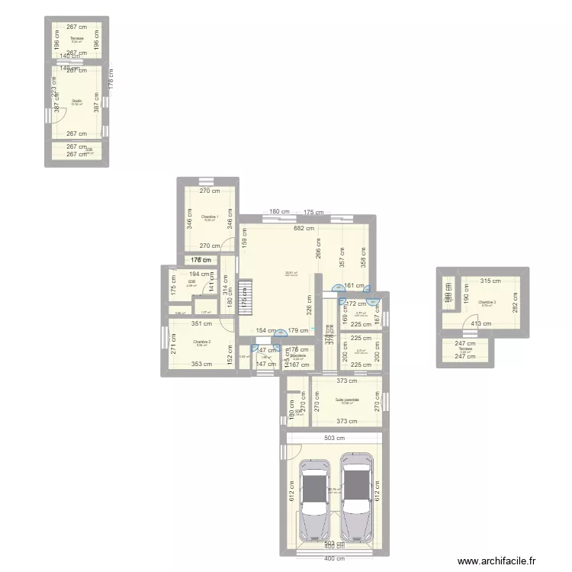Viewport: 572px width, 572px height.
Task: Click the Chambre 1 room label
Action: [210, 217]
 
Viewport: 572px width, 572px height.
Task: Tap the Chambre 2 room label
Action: [201, 342]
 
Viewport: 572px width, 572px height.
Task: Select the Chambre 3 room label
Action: [487, 303]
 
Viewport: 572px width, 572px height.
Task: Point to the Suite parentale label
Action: [346, 400]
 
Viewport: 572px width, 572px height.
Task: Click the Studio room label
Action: [76, 101]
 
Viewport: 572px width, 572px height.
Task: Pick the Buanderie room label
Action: [297, 355]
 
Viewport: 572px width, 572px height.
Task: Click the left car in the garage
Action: [313, 500]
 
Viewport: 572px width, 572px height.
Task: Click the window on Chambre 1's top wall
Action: [206, 181]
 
